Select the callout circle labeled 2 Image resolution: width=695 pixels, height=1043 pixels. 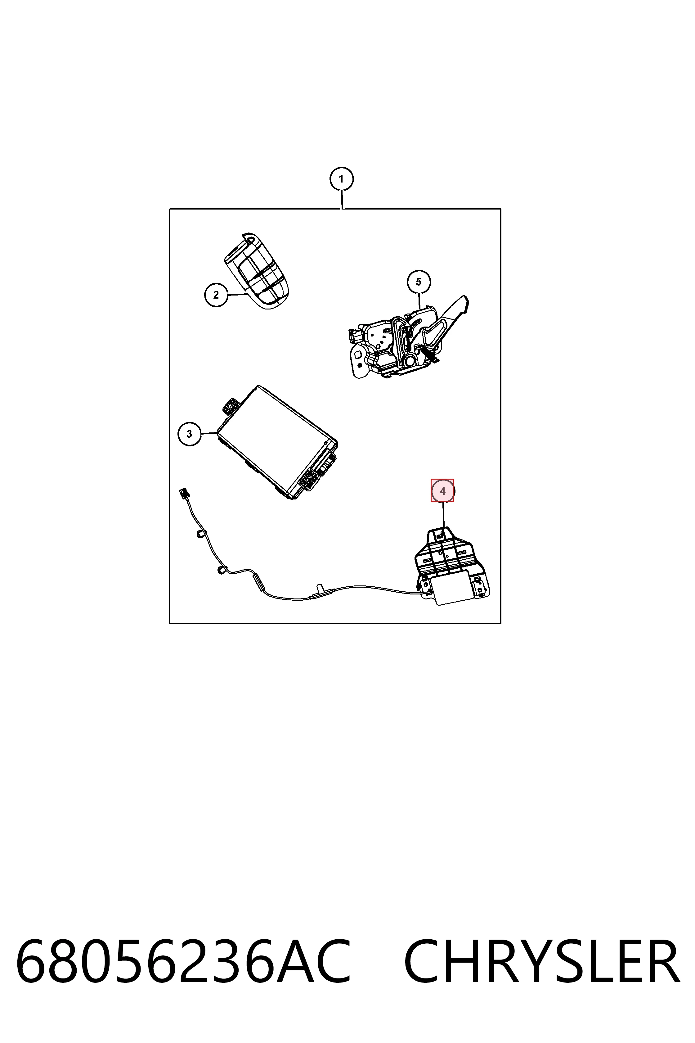pos(216,295)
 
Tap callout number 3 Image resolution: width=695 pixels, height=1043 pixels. pos(189,434)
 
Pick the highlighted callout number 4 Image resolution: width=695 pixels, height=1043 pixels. pos(442,491)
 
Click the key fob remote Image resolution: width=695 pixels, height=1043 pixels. pos(258,270)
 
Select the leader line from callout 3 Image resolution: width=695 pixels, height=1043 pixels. pos(209,433)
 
